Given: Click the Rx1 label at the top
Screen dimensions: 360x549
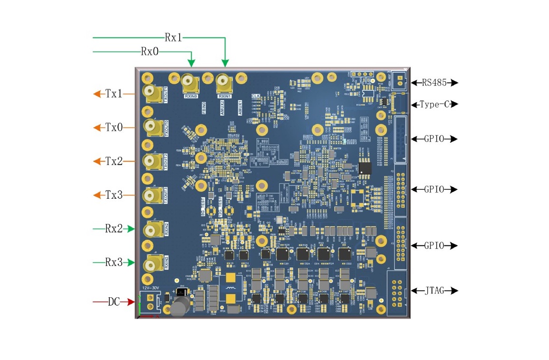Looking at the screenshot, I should click(x=173, y=38).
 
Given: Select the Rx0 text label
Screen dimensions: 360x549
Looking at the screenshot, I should click(x=150, y=51).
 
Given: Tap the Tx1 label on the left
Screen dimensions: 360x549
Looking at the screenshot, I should click(x=114, y=94).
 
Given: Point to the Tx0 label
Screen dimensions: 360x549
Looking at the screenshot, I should click(x=114, y=127).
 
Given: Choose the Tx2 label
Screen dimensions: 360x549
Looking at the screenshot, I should click(x=114, y=161).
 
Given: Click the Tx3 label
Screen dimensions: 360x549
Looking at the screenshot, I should click(x=114, y=195).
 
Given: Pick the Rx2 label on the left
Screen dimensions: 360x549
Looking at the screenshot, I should click(x=114, y=229).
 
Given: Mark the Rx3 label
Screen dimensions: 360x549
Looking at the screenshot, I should click(x=114, y=263).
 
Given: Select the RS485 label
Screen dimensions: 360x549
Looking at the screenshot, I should click(x=434, y=83).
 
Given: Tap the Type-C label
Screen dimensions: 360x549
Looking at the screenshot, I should click(x=434, y=104).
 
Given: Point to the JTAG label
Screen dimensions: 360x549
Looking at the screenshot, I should click(x=434, y=290).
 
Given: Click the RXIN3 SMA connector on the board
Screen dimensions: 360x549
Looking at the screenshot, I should click(x=154, y=263).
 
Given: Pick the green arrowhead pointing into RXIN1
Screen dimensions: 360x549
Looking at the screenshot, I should click(x=225, y=63).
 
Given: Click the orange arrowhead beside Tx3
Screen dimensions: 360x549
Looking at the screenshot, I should click(x=97, y=195).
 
